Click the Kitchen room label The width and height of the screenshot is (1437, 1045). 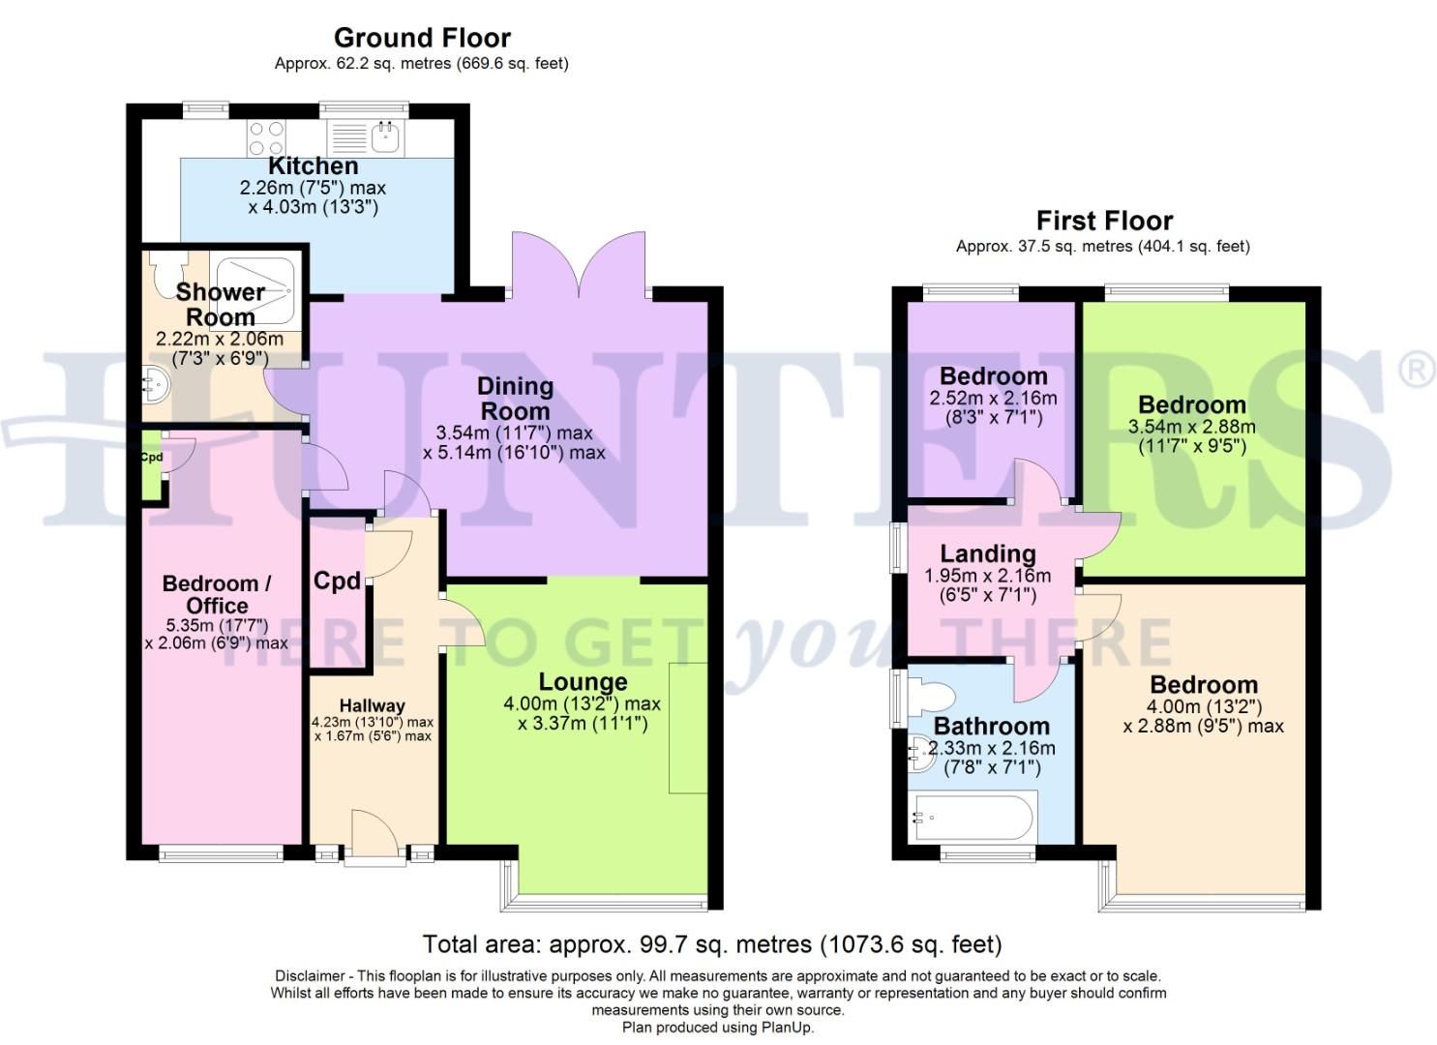(313, 165)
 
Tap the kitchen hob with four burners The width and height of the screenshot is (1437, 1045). (266, 136)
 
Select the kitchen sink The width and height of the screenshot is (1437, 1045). (385, 136)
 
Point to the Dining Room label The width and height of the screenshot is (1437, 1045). (515, 398)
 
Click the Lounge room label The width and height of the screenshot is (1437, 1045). (583, 682)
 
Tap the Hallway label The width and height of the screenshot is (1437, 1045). (372, 705)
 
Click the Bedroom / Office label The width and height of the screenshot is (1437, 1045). (217, 594)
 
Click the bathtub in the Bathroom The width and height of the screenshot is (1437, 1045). (973, 817)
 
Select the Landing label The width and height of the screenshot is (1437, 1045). (987, 553)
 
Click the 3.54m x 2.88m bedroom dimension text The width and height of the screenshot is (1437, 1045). (1191, 427)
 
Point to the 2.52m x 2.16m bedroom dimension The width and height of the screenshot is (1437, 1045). (993, 398)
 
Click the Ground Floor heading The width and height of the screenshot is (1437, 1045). (422, 38)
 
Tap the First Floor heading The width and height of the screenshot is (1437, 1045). (1104, 221)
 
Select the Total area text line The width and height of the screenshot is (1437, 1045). (711, 943)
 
